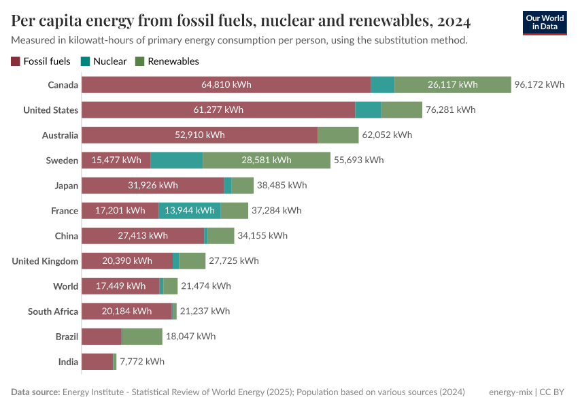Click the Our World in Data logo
(544, 22)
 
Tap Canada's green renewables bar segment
(452, 85)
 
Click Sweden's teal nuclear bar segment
(176, 160)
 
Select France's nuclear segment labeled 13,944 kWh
(190, 211)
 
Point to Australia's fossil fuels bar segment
(199, 135)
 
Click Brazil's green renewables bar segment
(141, 337)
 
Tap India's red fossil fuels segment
(97, 362)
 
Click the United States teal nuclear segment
(368, 110)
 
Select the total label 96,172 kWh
(539, 85)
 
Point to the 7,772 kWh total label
(142, 362)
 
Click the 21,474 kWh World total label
(206, 286)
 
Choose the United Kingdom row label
(45, 261)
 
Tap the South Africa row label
(53, 311)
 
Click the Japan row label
(67, 186)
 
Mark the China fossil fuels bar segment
(143, 236)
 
